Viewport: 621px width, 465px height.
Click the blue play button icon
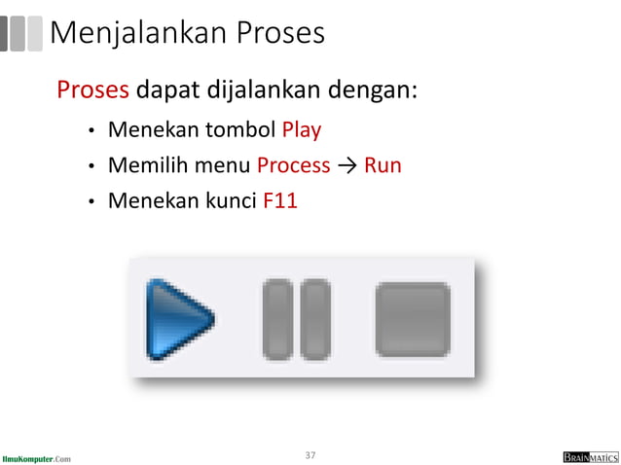click(179, 318)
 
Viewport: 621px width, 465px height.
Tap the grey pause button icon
click(297, 318)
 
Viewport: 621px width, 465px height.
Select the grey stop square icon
click(413, 318)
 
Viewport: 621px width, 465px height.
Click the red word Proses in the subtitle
click(93, 90)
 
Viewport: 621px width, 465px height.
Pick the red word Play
click(302, 129)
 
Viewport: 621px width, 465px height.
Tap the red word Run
click(383, 165)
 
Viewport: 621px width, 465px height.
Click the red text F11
click(280, 201)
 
